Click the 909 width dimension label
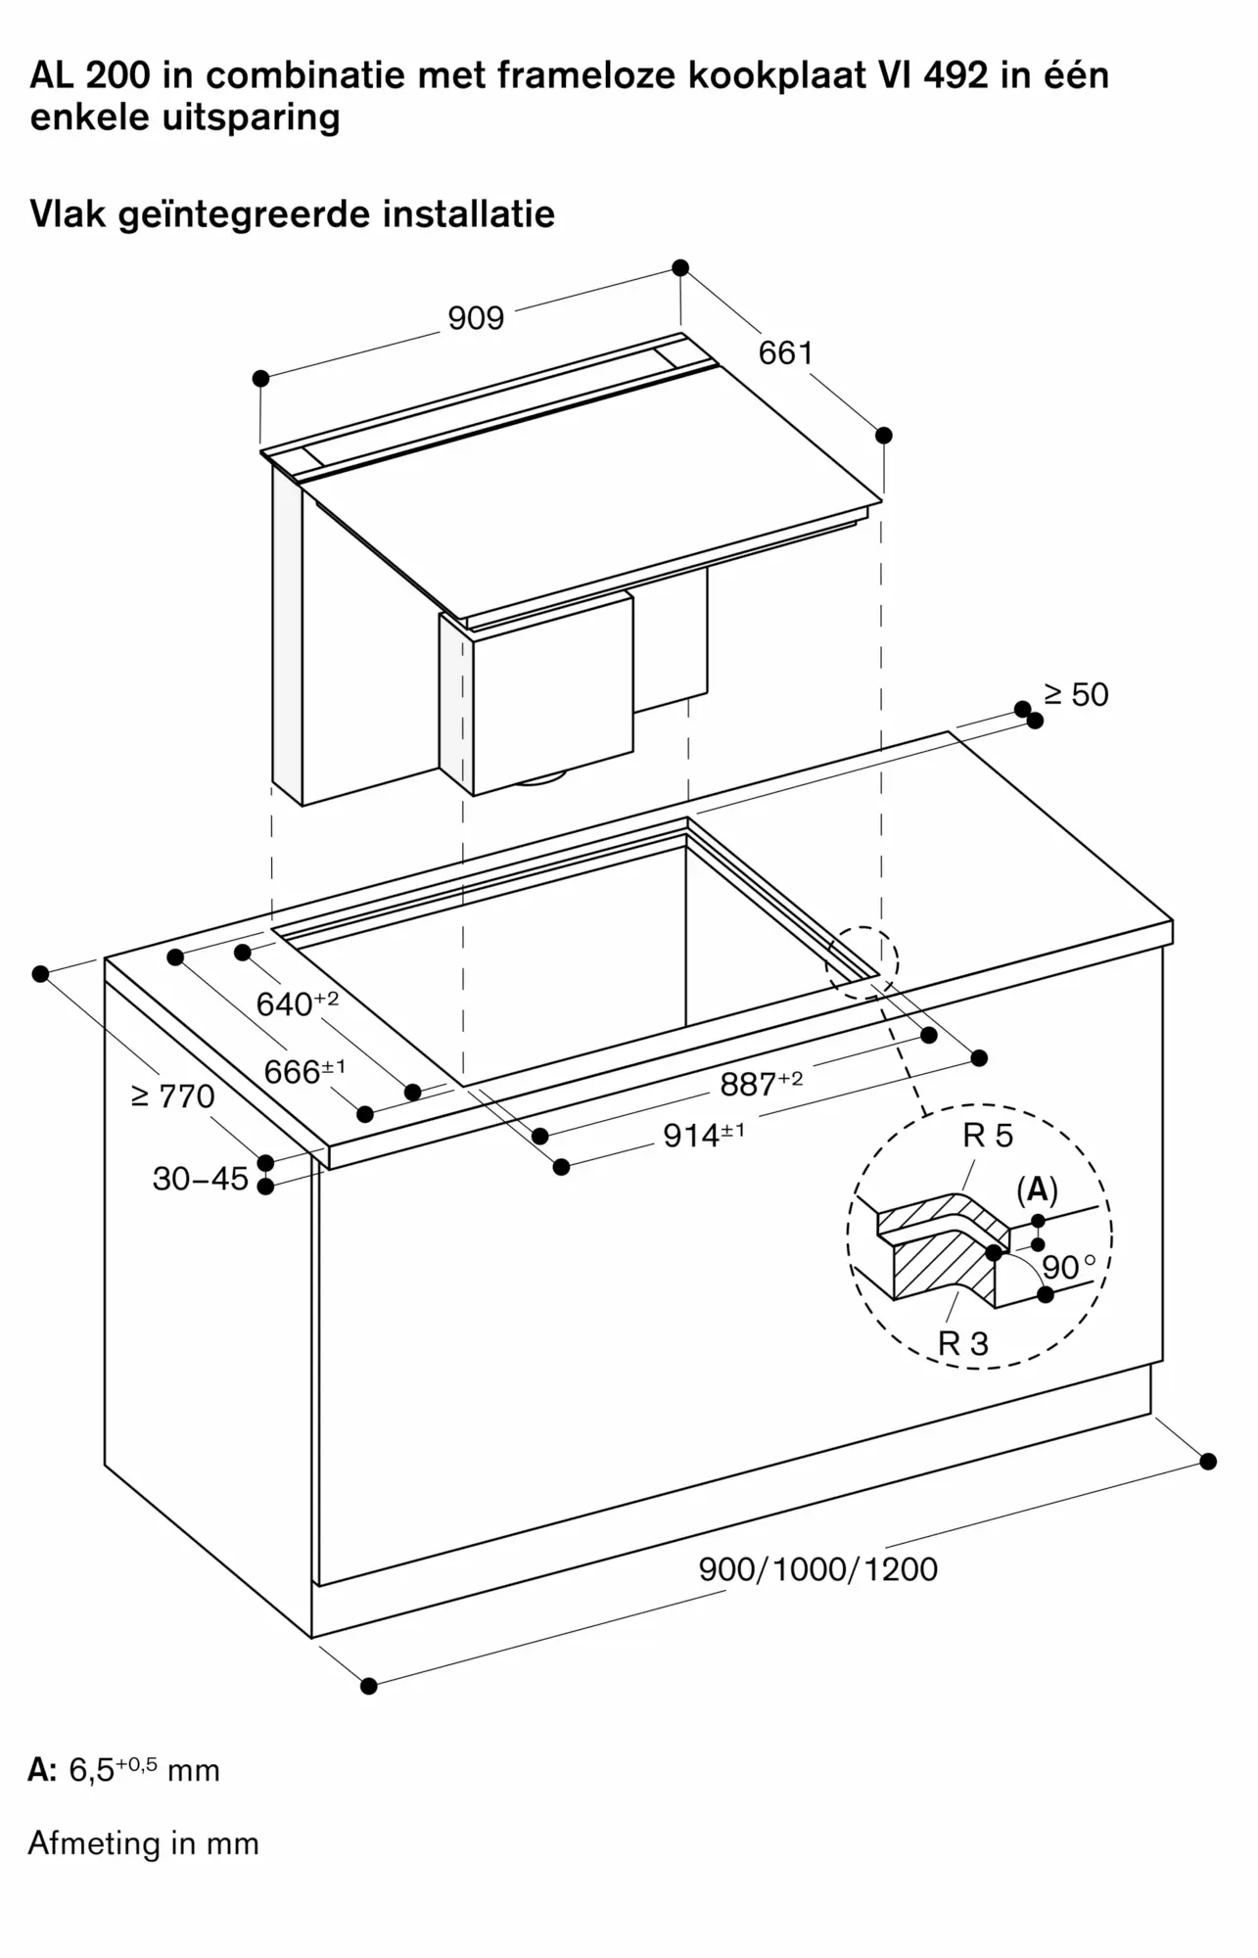point(476,317)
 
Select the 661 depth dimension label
point(786,352)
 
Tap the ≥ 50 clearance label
point(1076,694)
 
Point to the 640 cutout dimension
point(298,1002)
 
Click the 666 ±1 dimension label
point(304,1071)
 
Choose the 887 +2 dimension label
point(762,1083)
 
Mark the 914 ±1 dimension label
point(705,1134)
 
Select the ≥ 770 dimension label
point(173,1096)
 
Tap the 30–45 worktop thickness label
point(201,1178)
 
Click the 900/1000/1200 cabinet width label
point(818,1568)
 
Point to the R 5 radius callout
point(988,1136)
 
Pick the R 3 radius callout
point(963,1343)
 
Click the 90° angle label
point(1069,1268)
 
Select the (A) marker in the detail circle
point(1038,1189)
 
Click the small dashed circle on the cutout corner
point(862,962)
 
